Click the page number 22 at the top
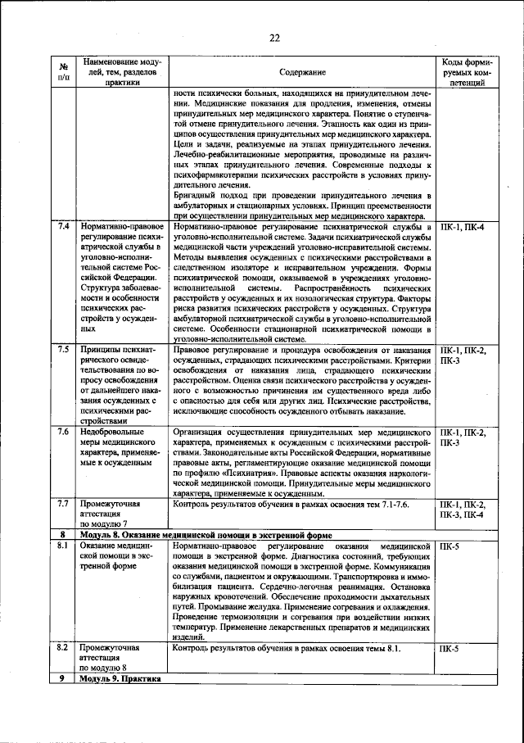point(274,37)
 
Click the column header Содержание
point(302,72)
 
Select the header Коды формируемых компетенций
point(468,72)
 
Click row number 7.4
point(63,226)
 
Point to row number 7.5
point(63,350)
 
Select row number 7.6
point(63,431)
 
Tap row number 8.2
point(63,647)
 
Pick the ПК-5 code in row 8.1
point(449,546)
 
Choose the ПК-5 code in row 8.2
point(449,648)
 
